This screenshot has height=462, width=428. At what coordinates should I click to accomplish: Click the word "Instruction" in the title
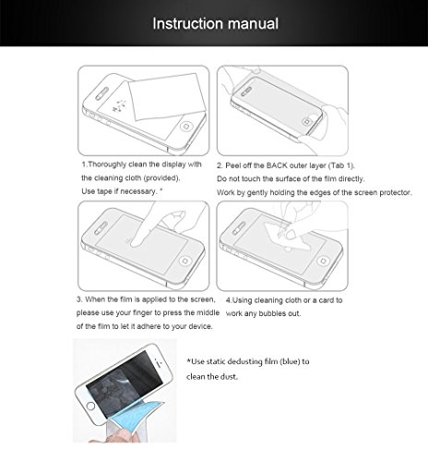coord(188,24)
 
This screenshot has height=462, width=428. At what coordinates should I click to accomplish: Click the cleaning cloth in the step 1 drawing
coord(167,96)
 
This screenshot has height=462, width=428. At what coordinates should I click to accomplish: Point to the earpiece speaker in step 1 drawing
coord(101,93)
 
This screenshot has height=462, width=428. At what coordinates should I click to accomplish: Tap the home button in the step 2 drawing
coord(306,122)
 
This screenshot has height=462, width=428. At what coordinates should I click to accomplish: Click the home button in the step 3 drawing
coord(185,261)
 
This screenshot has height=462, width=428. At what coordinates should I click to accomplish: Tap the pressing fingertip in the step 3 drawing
coord(136,242)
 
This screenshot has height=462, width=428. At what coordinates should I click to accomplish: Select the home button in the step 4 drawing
coord(323,261)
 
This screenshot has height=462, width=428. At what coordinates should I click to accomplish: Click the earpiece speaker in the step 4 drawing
coord(239,228)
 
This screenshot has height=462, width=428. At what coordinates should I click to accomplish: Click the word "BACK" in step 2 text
coord(278,165)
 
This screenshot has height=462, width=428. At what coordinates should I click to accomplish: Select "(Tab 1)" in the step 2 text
coord(341,165)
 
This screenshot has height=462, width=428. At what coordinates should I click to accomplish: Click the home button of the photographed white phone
coord(90,406)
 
